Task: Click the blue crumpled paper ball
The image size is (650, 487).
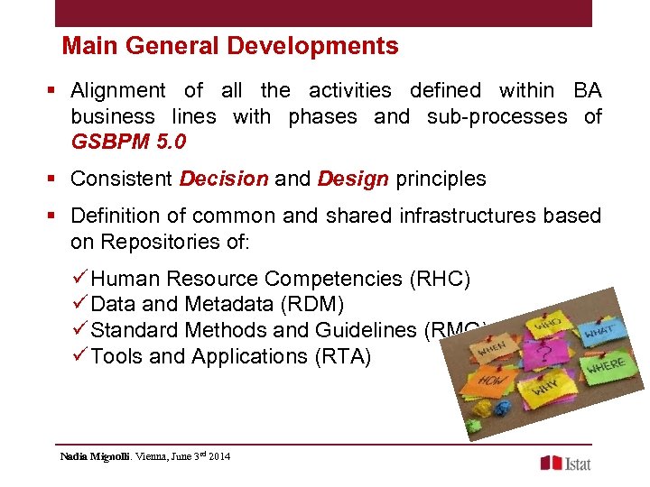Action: click(x=499, y=409)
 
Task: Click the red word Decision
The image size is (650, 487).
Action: click(x=224, y=179)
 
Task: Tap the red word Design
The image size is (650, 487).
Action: click(x=353, y=179)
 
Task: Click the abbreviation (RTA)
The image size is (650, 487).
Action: click(x=342, y=356)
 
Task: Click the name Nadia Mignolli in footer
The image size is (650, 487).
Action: click(x=95, y=456)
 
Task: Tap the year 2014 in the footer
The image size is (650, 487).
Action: click(x=218, y=456)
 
